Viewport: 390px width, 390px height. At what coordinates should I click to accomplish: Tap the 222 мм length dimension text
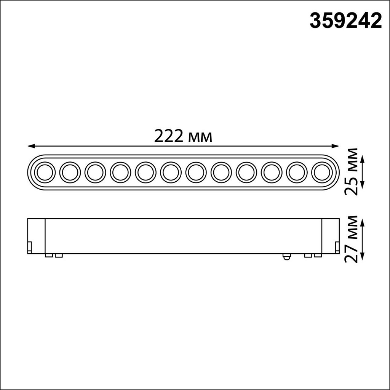[x=183, y=136]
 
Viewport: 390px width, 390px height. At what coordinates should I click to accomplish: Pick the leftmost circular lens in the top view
[x=45, y=173]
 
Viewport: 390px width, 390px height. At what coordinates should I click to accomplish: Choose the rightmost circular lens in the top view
[x=321, y=173]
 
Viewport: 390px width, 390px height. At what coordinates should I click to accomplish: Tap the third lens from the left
[x=95, y=173]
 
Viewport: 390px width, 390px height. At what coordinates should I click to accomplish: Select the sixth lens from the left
[x=171, y=173]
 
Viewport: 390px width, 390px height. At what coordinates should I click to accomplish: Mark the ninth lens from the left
[x=246, y=173]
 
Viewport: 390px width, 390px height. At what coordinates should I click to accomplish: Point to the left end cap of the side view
[x=36, y=236]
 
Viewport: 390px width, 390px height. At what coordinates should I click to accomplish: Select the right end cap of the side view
[x=330, y=236]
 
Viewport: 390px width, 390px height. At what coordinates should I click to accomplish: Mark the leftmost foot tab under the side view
[x=49, y=255]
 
